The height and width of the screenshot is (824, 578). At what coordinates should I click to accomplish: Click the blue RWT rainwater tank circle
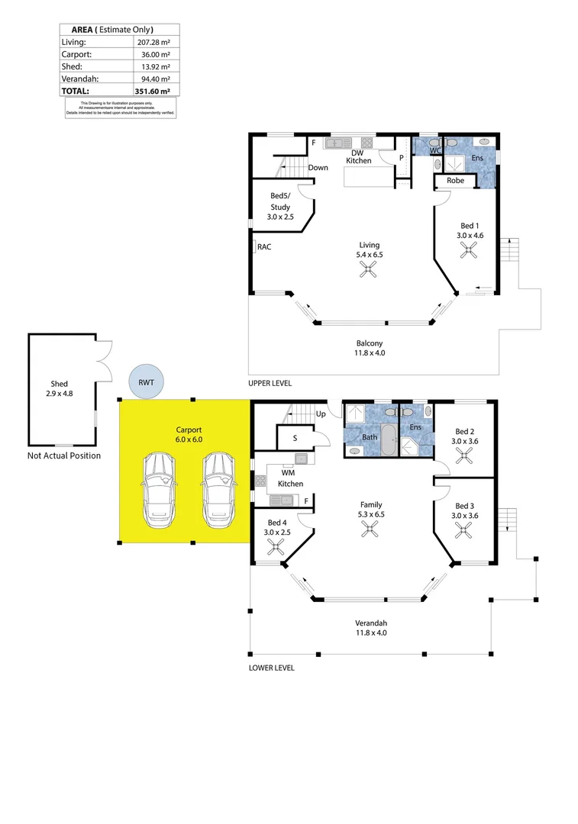tap(147, 381)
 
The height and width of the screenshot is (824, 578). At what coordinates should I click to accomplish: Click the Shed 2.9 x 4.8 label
tap(60, 389)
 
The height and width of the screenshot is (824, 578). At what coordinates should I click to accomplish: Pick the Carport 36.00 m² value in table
tap(153, 55)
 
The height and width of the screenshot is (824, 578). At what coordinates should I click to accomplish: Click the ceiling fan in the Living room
tap(370, 268)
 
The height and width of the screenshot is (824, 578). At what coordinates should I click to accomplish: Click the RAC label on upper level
tap(264, 246)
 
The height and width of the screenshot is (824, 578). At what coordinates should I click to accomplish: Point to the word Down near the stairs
tap(318, 168)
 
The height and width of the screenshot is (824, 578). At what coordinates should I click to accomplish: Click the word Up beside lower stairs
tap(321, 414)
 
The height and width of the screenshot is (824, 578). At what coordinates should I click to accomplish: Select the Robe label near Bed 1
tap(455, 181)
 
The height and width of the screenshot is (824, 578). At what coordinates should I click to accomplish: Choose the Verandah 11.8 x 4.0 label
tap(371, 627)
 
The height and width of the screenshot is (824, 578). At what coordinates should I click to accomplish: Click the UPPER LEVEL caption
tap(270, 383)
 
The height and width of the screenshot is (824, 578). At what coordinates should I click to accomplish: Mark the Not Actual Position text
tap(64, 455)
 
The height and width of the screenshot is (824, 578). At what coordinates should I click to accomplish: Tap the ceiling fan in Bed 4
tap(276, 546)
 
